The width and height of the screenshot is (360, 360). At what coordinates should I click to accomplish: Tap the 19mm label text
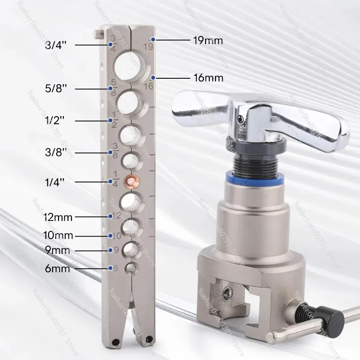tap(207, 40)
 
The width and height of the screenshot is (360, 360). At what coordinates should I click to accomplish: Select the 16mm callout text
tap(208, 77)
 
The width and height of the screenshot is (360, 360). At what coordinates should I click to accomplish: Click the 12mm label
tap(58, 217)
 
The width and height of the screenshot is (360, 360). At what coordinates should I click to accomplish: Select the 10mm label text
tap(58, 235)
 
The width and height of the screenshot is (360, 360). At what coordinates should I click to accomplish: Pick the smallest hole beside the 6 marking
tap(131, 269)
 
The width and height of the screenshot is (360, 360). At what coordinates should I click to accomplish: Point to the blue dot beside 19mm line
tap(153, 40)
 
